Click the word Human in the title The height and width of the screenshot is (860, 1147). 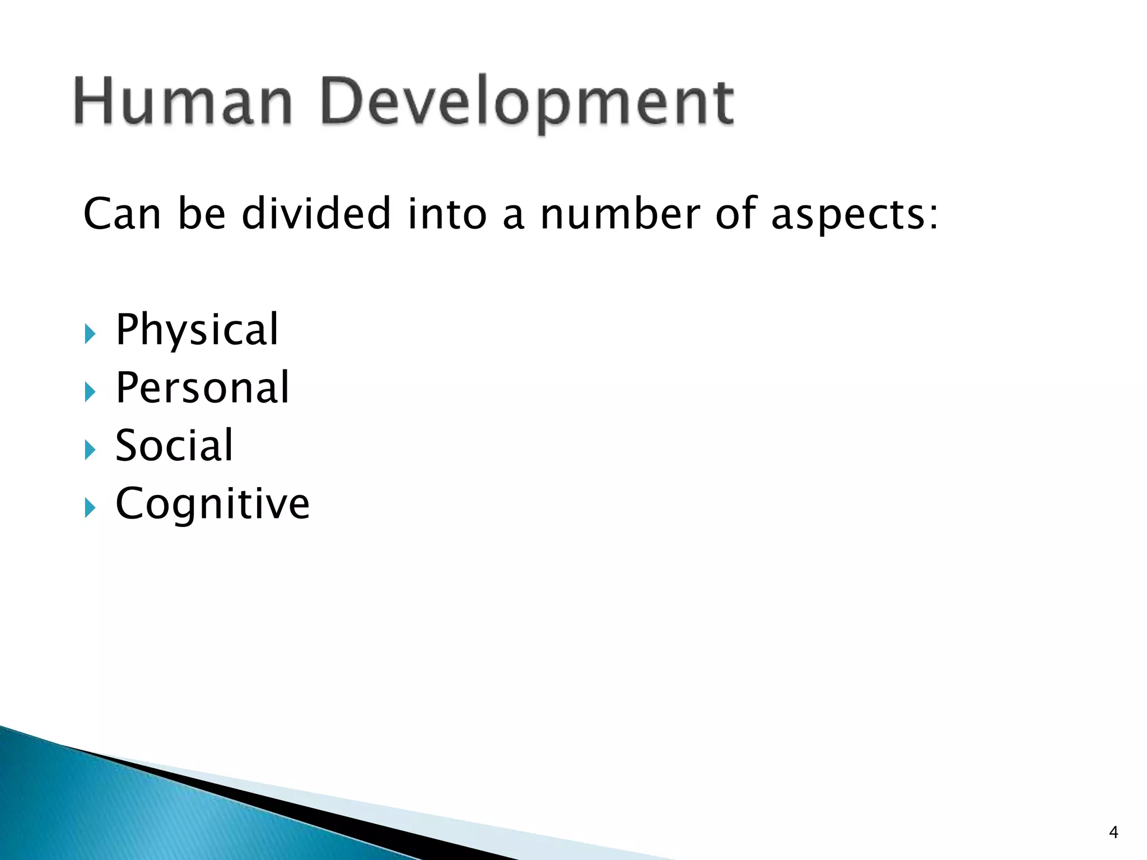tap(183, 102)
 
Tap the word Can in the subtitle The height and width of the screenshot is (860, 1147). tap(122, 214)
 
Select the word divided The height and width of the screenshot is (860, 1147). tap(316, 213)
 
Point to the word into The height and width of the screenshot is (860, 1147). tap(447, 214)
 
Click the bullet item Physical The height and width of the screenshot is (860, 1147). tap(197, 330)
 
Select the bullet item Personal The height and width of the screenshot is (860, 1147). tap(202, 387)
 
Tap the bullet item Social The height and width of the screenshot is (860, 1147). tap(174, 446)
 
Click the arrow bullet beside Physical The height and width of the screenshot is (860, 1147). tap(90, 334)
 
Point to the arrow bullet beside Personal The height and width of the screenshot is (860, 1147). tap(90, 392)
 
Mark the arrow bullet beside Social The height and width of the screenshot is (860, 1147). tap(90, 450)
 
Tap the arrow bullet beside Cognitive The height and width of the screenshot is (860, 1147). tap(90, 508)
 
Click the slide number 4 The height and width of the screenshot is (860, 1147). tap(1113, 833)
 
